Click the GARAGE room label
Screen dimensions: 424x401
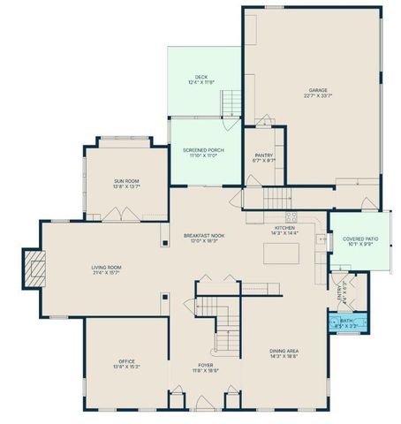click(319, 89)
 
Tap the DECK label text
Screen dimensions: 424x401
click(201, 77)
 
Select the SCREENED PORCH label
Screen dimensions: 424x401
click(203, 150)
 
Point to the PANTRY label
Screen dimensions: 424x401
click(263, 155)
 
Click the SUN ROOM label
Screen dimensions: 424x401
click(126, 181)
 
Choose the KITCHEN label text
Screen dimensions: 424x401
click(284, 228)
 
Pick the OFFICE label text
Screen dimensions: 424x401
click(126, 361)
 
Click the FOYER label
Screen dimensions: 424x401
click(205, 366)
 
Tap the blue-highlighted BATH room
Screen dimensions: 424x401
click(348, 322)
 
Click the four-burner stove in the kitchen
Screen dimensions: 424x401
click(290, 216)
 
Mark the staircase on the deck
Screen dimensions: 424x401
click(230, 107)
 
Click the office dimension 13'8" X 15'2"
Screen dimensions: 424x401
click(126, 367)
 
